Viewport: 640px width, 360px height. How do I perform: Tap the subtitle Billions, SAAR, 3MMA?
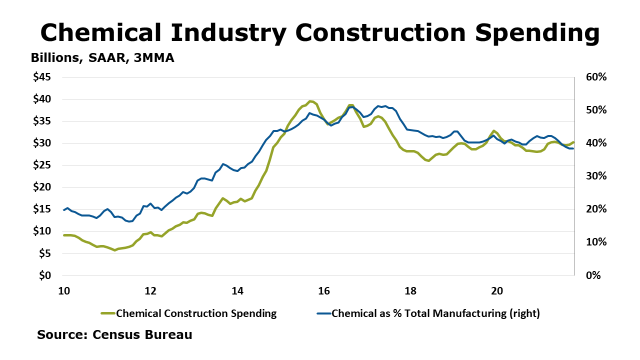[102, 58]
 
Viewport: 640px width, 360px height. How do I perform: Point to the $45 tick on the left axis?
[42, 77]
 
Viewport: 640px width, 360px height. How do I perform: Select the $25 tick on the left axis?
[42, 165]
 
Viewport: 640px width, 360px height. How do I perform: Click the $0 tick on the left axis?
[45, 275]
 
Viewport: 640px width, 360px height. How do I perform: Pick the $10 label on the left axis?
[42, 231]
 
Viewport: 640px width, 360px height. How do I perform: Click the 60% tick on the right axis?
[596, 77]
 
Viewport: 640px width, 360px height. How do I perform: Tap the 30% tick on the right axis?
[596, 176]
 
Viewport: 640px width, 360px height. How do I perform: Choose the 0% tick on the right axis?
[593, 275]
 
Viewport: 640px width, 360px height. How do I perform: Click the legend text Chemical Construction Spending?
[196, 313]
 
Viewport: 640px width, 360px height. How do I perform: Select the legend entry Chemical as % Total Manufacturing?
[435, 313]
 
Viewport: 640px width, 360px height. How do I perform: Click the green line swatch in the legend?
[108, 313]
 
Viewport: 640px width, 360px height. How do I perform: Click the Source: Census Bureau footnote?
[114, 334]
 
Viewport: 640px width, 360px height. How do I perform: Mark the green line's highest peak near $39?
[310, 101]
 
